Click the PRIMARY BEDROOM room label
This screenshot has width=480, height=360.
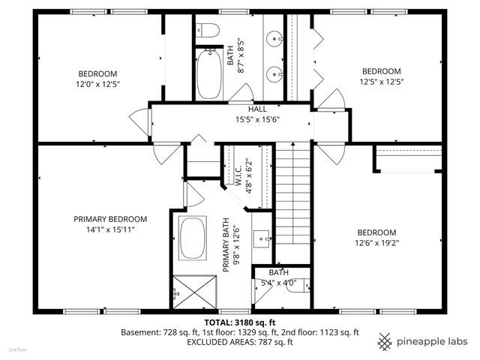[109, 219]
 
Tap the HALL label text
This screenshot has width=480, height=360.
[257, 109]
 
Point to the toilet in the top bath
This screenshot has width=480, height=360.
[208, 31]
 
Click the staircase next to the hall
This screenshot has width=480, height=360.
[293, 195]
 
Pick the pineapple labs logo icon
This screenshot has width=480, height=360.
[385, 341]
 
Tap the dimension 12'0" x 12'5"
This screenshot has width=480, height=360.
[98, 84]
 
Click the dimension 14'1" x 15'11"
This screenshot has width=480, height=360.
[109, 229]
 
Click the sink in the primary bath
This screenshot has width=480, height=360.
[262, 238]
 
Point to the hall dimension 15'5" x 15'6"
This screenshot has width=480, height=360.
[257, 120]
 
